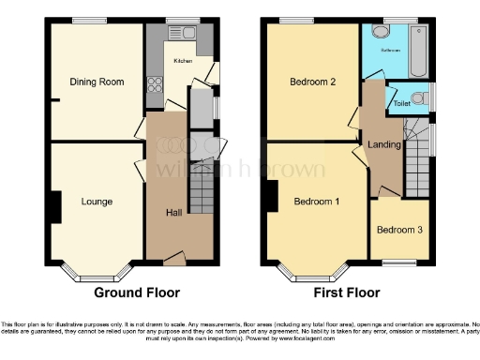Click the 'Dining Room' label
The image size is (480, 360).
coord(97,82)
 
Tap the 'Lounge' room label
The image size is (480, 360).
coord(97,202)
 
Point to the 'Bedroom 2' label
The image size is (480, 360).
coord(314,82)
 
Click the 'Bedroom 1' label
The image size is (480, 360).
coord(317,202)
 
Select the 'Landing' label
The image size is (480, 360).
coord(385,144)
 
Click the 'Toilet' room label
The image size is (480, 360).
coord(401,102)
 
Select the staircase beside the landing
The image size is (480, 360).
coord(418,159)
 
